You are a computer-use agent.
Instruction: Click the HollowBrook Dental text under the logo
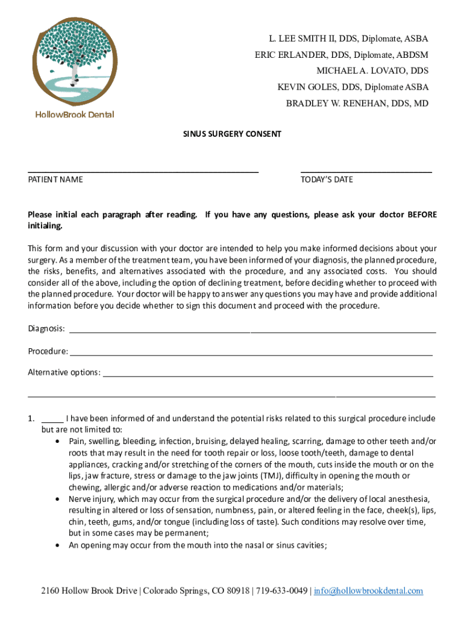pos(75,114)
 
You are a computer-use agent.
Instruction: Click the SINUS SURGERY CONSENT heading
pos(232,134)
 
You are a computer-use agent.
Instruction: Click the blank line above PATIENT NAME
pos(143,171)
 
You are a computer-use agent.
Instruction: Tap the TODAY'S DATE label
pos(327,180)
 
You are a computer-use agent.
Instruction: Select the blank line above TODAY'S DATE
pos(366,171)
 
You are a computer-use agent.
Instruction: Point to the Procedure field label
pos(48,351)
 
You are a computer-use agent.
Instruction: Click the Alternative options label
pos(64,372)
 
